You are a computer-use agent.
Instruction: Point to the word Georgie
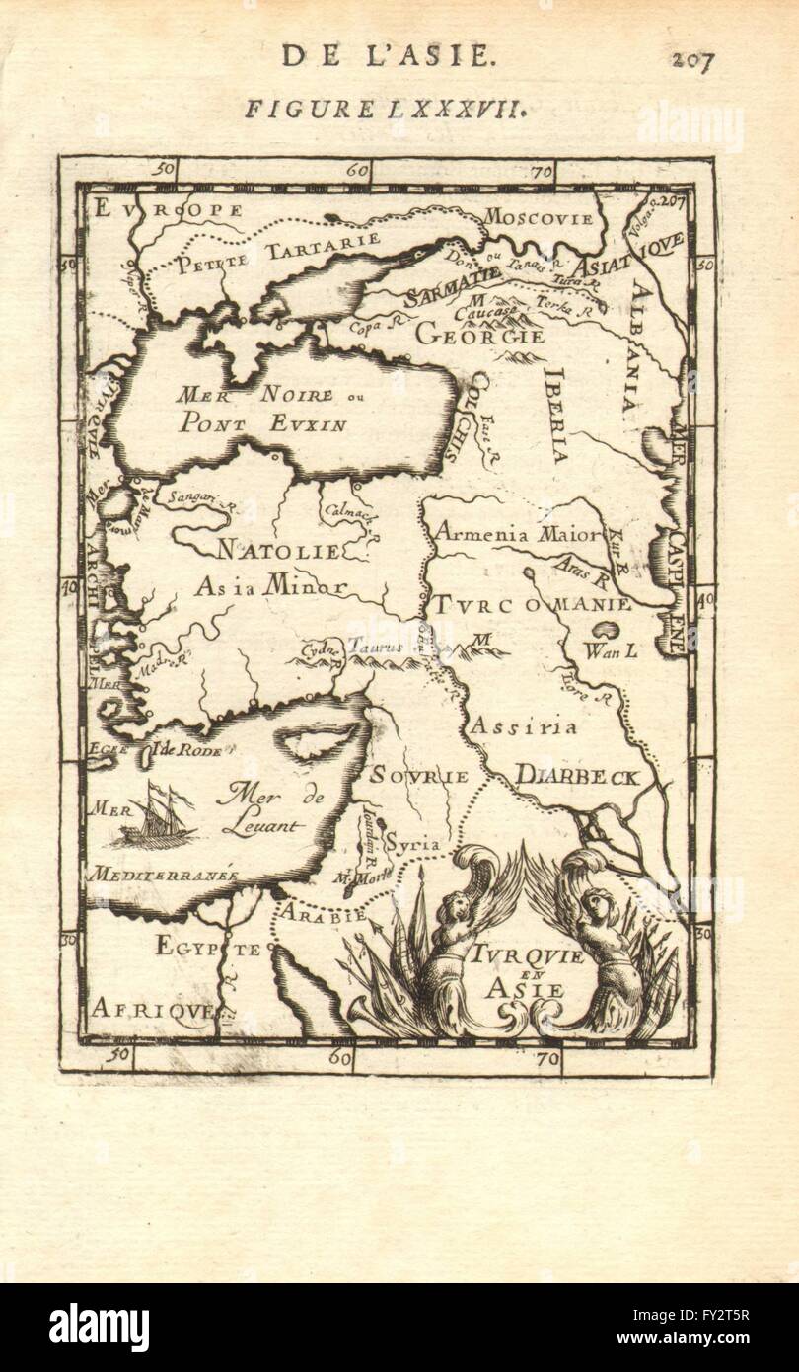[x=479, y=335]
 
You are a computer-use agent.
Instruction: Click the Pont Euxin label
[x=262, y=425]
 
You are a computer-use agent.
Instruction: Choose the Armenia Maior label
[x=517, y=535]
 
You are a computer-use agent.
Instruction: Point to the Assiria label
[x=522, y=727]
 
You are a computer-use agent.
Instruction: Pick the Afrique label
[x=152, y=1008]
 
